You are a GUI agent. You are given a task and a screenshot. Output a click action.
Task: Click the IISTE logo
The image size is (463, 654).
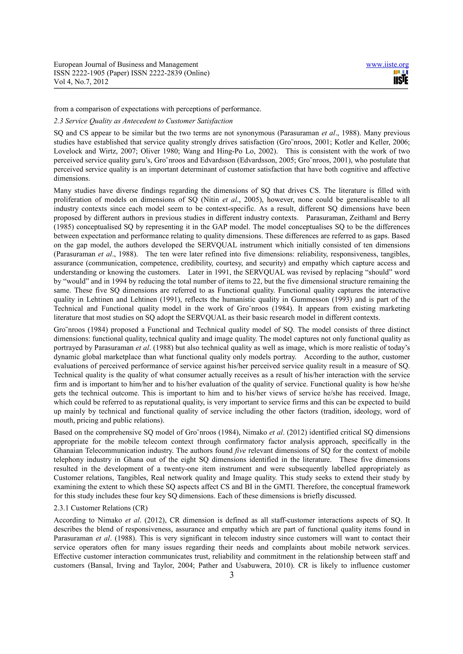tap(401, 77)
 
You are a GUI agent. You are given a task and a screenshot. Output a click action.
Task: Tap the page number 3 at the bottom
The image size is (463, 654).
tap(231, 575)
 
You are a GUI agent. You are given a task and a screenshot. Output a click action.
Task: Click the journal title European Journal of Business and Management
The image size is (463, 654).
tap(126, 65)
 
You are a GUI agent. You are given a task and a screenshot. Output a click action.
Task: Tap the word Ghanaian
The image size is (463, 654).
tap(69, 451)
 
